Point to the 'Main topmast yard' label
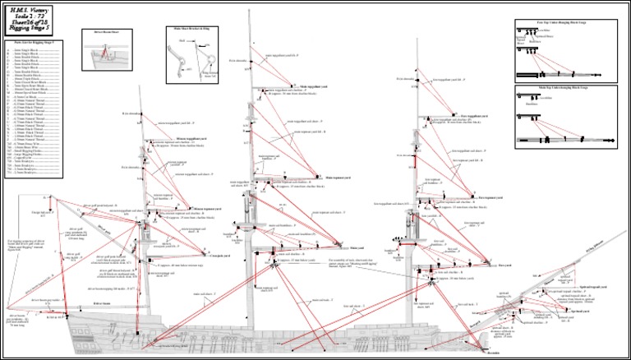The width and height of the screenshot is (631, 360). (x=339, y=178)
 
